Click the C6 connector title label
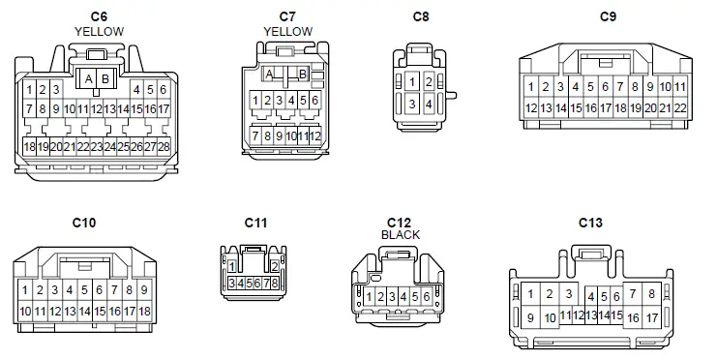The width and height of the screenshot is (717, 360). [x=99, y=16]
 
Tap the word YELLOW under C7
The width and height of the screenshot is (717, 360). [x=287, y=31]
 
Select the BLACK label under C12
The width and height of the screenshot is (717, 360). [x=400, y=235]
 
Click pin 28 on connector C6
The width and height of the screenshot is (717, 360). [x=163, y=147]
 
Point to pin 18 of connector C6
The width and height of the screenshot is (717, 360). [x=30, y=147]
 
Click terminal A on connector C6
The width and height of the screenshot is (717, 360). [x=88, y=77]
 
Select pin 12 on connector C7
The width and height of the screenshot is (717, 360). [x=314, y=137]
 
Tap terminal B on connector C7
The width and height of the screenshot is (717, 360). [x=303, y=75]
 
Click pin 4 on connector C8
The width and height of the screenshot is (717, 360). [x=429, y=104]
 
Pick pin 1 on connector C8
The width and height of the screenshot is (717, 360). [x=412, y=82]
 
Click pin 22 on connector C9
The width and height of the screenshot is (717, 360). [x=679, y=108]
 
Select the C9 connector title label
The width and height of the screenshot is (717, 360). [x=608, y=16]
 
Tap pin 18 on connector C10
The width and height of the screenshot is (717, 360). [x=144, y=312]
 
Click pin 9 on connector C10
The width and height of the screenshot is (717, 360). [x=144, y=289]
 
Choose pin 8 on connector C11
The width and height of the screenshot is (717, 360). [x=276, y=283]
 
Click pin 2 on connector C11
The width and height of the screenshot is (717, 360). [x=275, y=265]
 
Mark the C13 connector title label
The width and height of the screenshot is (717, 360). [x=590, y=223]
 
